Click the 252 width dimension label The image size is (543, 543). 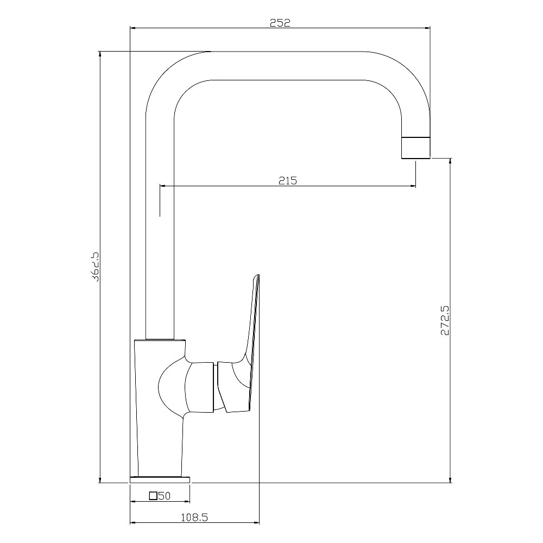280,22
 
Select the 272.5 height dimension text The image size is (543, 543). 445,320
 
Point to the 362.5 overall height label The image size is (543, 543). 94,267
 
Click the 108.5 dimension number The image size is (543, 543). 194,517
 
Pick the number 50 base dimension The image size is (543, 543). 165,496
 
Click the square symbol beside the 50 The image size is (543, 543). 153,496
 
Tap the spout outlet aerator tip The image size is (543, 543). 415,148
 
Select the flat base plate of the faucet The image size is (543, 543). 160,479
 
